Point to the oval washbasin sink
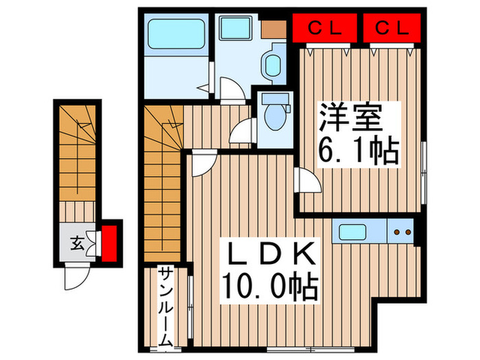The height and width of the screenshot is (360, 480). click(x=272, y=63)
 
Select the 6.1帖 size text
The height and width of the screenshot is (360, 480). click(x=357, y=152)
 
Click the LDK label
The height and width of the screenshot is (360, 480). click(x=269, y=255)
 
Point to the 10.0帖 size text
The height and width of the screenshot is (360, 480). click(x=269, y=287)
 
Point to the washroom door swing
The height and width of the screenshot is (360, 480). click(x=228, y=89)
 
